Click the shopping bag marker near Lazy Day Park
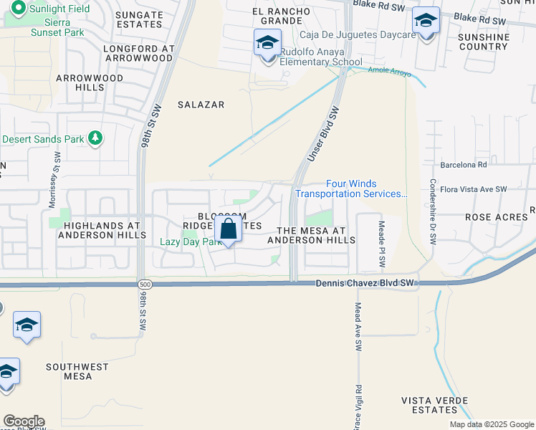(x=228, y=230)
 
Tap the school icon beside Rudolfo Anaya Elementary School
(x=267, y=44)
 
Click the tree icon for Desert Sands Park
(x=95, y=138)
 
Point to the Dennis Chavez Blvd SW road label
(x=365, y=284)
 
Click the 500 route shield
(x=145, y=285)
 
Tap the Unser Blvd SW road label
(x=322, y=135)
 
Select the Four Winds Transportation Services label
(x=351, y=189)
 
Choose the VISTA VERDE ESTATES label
(x=429, y=405)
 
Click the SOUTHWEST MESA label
(x=77, y=371)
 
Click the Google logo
(x=24, y=421)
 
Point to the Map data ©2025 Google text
(x=490, y=424)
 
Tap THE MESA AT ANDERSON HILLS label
(x=311, y=235)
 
